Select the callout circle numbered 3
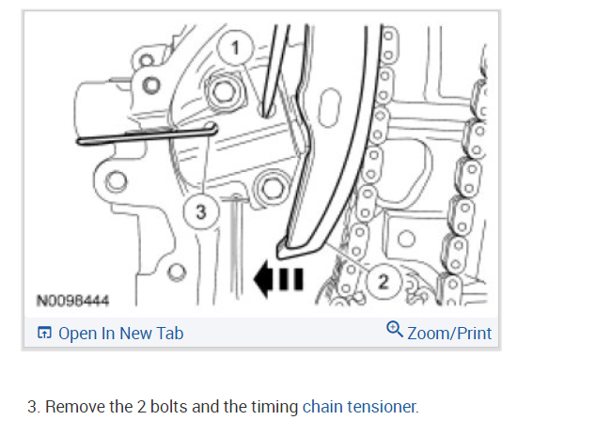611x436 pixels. pos(198,211)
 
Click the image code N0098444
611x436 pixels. pos(73,301)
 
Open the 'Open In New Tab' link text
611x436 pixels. pos(120,333)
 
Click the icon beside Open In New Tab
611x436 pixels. pos(44,333)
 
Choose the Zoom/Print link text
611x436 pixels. pos(449,333)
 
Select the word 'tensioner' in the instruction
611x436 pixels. pos(381,407)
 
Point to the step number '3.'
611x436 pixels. pos(34,407)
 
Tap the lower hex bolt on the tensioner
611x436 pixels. pos(272,187)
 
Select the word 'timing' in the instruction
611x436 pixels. pos(275,407)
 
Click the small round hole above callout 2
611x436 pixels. pos(406,237)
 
